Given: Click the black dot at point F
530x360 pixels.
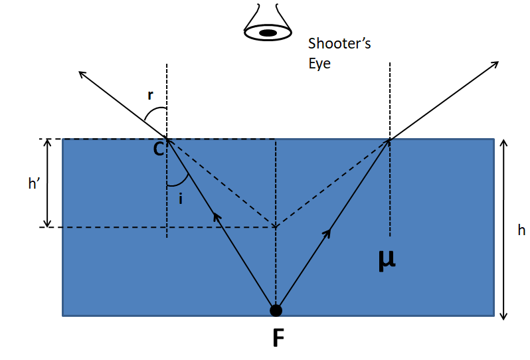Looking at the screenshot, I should pos(276,310).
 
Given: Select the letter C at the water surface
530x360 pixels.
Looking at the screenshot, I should pos(159,149).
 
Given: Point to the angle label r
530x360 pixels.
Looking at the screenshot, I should pos(151,95).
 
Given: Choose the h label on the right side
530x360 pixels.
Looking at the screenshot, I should pos(521,230).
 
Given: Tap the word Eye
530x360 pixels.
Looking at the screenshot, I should pos(319,64).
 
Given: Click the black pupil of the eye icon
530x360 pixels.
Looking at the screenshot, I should pos(268,32).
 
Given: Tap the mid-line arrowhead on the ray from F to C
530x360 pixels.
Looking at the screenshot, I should pos(215,215).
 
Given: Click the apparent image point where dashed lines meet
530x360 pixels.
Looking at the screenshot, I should pos(276,227).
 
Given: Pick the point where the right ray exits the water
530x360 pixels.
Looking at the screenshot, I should pos(390,139).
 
